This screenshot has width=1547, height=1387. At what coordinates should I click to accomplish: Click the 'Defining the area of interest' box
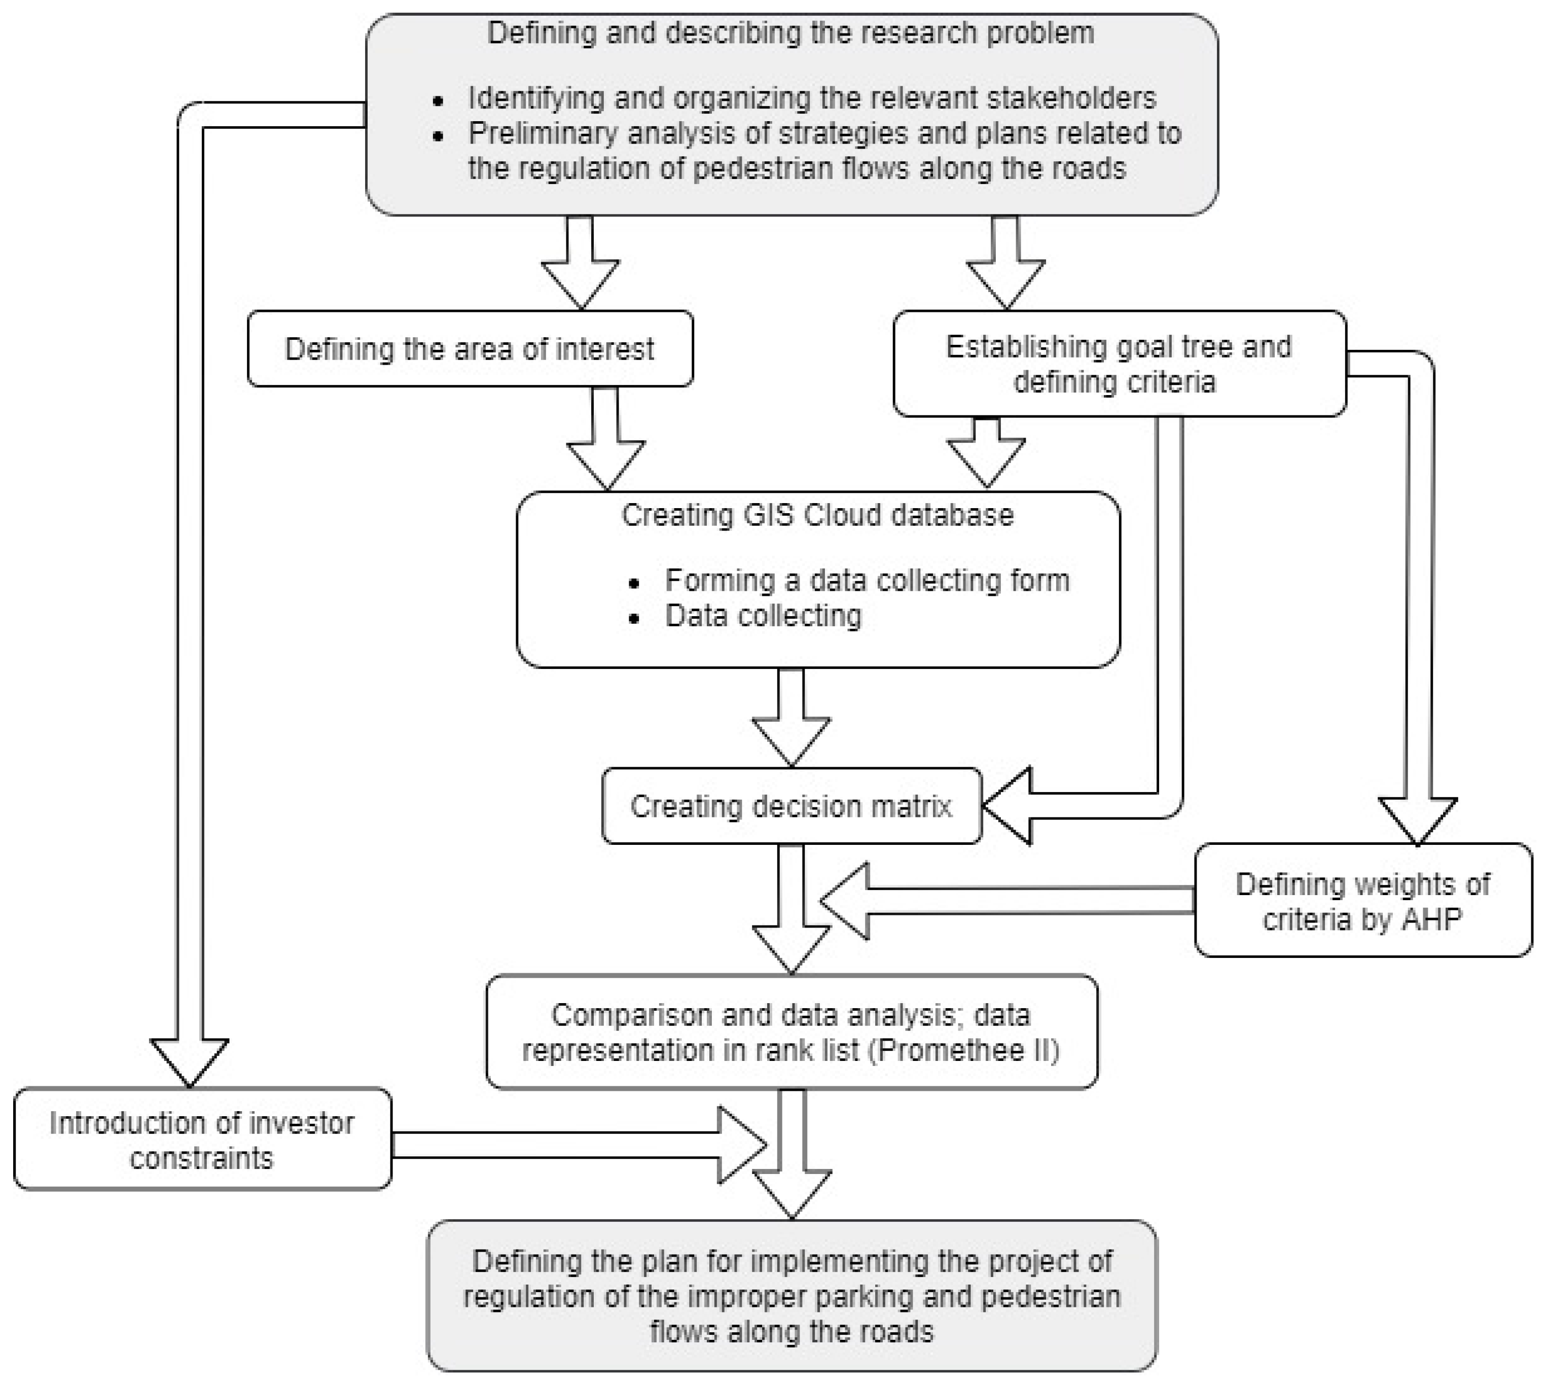coord(470,349)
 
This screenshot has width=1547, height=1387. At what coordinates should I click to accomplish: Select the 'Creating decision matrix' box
coord(790,806)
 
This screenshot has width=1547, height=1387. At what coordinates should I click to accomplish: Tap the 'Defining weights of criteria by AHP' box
coord(1362,901)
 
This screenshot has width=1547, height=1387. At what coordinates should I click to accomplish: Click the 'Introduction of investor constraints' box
coord(202,1140)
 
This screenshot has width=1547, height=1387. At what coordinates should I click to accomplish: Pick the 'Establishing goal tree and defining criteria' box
coord(1118,364)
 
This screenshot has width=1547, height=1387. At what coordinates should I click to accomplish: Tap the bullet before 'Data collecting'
coord(634,618)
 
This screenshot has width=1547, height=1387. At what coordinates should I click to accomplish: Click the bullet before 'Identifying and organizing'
coord(438,100)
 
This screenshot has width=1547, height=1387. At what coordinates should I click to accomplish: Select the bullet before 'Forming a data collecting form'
coord(634,584)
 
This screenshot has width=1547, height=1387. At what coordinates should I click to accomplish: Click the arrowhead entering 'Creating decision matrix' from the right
coord(1006,806)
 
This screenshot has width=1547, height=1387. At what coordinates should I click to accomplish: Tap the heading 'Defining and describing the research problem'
coord(790,33)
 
